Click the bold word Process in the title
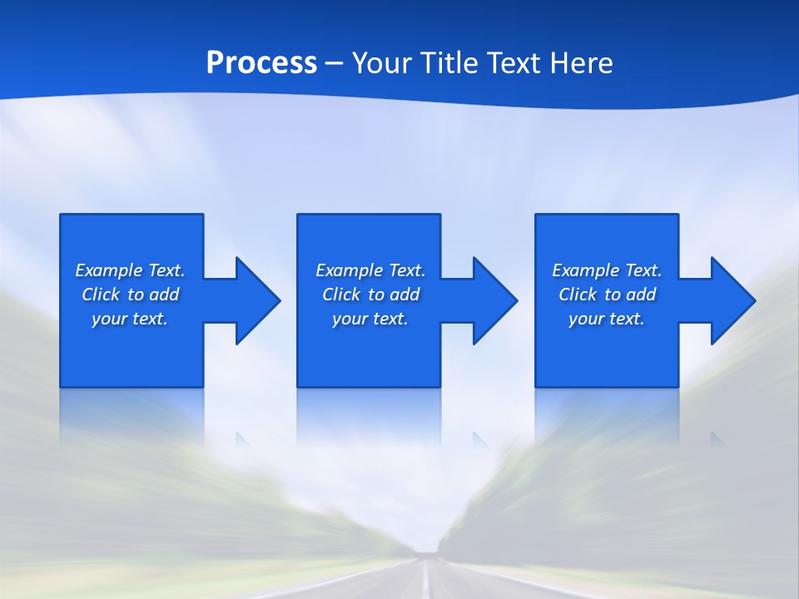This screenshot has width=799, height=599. point(261,63)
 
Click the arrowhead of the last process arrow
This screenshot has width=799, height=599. point(732,300)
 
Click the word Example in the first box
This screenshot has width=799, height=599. point(109,270)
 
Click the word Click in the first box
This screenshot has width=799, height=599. point(101,295)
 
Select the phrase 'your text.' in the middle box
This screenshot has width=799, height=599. point(370,319)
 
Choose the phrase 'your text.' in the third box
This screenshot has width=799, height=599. point(607,319)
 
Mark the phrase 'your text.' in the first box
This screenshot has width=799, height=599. point(130,319)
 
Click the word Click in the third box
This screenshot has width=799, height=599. point(578,295)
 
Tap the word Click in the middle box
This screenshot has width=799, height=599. point(341,295)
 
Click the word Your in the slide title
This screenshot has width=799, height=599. point(380,63)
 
